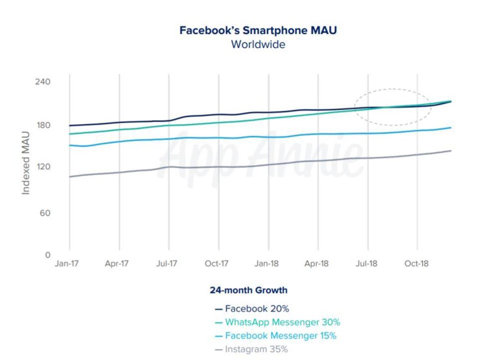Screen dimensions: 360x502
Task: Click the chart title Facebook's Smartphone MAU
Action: coord(258,31)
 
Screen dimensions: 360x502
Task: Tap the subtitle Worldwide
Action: coord(258,44)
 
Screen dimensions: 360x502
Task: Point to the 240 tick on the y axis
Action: coord(42,81)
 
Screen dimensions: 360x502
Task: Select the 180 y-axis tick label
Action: coord(42,125)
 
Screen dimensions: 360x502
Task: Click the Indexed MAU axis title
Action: coord(26,162)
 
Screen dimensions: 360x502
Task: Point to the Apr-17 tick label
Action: coord(117,264)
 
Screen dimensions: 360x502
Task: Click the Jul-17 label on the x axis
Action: coord(166,264)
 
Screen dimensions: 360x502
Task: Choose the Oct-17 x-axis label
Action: coord(216,264)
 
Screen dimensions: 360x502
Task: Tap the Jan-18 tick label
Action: coord(266,264)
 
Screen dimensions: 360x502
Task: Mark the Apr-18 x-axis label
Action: coord(317,264)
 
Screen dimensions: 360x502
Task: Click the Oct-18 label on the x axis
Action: coord(417,264)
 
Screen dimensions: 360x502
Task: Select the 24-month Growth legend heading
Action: coord(248,290)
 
